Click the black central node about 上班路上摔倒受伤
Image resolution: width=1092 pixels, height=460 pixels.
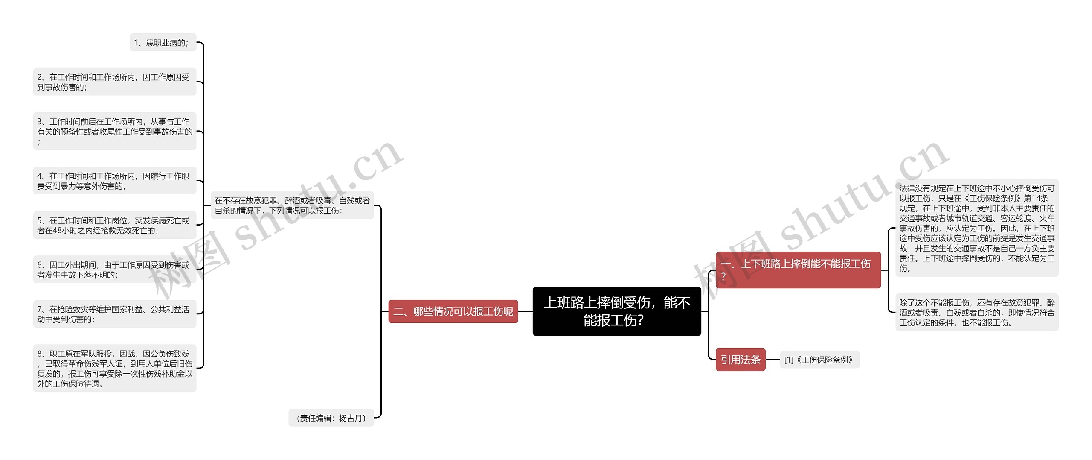(x=616, y=311)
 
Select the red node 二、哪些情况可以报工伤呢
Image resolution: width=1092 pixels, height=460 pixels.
(x=453, y=311)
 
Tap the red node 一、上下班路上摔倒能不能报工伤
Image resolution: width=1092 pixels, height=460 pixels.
(x=798, y=270)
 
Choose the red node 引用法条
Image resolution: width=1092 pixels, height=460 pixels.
(x=741, y=360)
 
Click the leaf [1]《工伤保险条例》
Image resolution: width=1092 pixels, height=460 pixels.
(x=819, y=360)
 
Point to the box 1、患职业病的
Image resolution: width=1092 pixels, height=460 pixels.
(x=163, y=42)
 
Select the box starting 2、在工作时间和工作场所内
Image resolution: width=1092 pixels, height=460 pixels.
(x=114, y=82)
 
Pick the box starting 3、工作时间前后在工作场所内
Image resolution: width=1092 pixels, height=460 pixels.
(x=114, y=131)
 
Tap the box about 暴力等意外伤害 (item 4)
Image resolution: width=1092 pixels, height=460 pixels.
(x=114, y=181)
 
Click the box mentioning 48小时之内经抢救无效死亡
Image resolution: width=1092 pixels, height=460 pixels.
(x=114, y=225)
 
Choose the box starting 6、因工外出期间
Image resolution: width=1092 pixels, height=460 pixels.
(x=114, y=270)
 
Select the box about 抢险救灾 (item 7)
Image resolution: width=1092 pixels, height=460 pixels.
(x=114, y=314)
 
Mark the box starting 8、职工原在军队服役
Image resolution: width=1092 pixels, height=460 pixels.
(x=114, y=368)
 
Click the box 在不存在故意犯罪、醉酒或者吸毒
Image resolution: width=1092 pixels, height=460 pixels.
(x=292, y=205)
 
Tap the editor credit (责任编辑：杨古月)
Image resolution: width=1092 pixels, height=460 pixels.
(x=331, y=418)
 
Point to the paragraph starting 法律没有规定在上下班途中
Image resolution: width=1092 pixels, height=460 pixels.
(x=977, y=228)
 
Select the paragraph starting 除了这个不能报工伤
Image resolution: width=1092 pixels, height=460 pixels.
(x=977, y=312)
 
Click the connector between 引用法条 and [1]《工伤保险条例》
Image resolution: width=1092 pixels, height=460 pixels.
(x=773, y=360)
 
